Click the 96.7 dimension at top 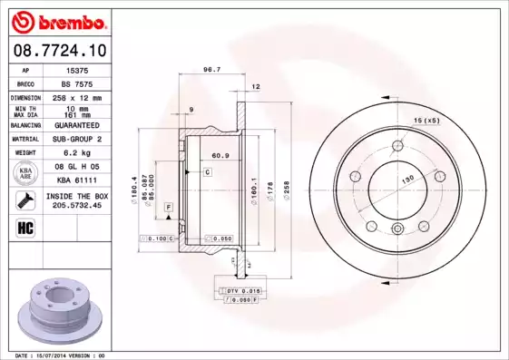point(211,69)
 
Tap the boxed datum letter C point(207,171)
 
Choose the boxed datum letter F point(169,209)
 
